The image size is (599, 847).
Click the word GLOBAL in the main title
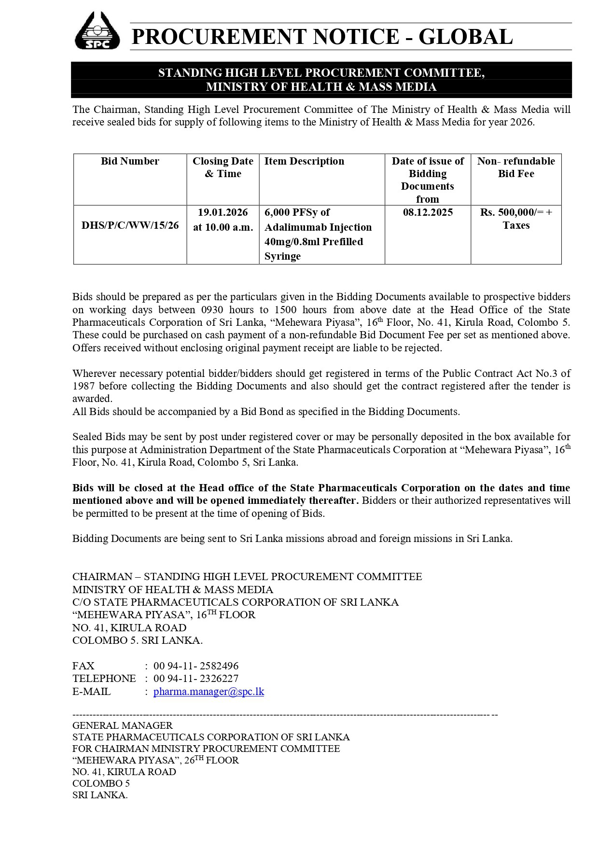point(465,37)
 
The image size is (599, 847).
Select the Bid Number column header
point(130,161)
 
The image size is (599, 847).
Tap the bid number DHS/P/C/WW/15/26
point(130,225)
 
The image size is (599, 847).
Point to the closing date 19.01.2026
point(223,212)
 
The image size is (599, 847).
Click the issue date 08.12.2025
point(428,212)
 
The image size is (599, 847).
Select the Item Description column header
point(304,161)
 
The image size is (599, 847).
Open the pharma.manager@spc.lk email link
point(209,691)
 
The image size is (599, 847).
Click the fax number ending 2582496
point(196,666)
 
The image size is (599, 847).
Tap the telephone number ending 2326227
point(196,679)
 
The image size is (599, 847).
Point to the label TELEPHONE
point(104,679)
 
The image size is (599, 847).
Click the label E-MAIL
point(92,691)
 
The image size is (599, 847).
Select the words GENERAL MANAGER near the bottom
point(123,725)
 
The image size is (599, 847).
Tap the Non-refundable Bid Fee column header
point(516,167)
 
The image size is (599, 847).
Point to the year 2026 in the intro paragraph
point(520,122)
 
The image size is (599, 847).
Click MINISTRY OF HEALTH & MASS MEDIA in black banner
point(321,87)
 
